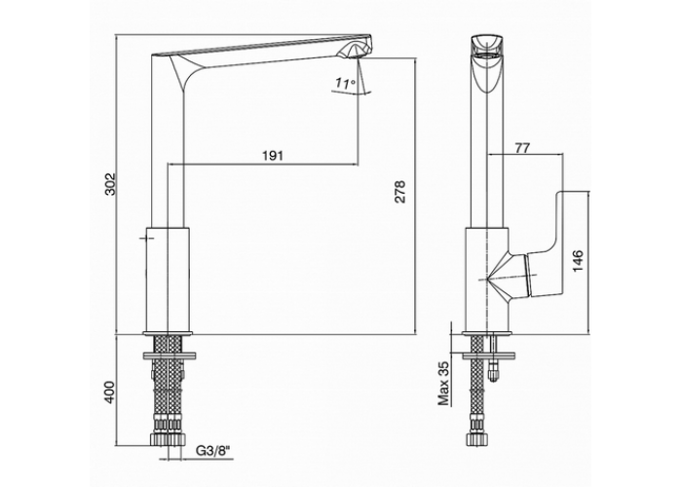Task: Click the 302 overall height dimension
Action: coord(110,184)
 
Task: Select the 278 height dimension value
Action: coord(399,191)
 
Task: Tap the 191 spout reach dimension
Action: coord(273,155)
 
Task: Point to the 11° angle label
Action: coord(345,83)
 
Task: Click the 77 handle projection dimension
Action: coord(522,148)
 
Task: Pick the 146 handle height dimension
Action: coord(578,261)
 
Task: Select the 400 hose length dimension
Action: coord(109,393)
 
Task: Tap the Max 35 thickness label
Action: coord(443,383)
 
